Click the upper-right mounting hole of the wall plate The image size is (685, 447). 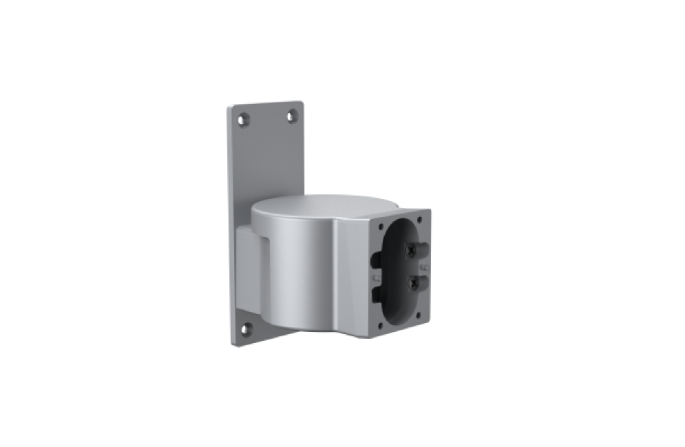click(291, 117)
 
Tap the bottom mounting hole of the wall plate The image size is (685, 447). click(246, 329)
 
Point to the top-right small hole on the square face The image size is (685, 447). click(420, 219)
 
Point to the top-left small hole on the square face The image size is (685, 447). click(381, 226)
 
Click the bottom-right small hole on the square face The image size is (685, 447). click(418, 315)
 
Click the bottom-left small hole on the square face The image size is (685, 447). click(380, 326)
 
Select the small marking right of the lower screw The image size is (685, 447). click(424, 268)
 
